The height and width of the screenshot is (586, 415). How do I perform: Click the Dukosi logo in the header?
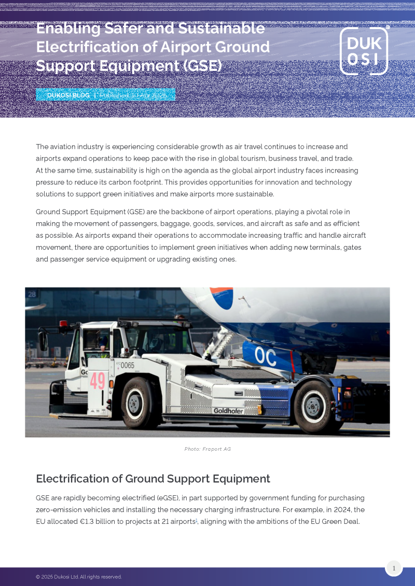(x=364, y=51)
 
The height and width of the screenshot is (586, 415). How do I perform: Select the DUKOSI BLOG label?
(x=68, y=95)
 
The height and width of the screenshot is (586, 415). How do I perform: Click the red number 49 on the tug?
(x=98, y=381)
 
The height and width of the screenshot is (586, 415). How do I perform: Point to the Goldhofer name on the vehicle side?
(x=228, y=411)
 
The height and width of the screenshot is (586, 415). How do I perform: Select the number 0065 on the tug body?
(x=127, y=365)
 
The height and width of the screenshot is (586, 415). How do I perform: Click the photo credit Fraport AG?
(x=208, y=449)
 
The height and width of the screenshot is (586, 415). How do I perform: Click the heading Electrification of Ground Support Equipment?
(x=153, y=479)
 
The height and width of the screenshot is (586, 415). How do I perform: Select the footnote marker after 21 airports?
(x=197, y=520)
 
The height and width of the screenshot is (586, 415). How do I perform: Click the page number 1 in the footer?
(x=394, y=568)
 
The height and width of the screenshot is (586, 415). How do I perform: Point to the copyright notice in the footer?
(x=79, y=577)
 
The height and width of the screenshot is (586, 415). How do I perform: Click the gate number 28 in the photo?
(x=32, y=294)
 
